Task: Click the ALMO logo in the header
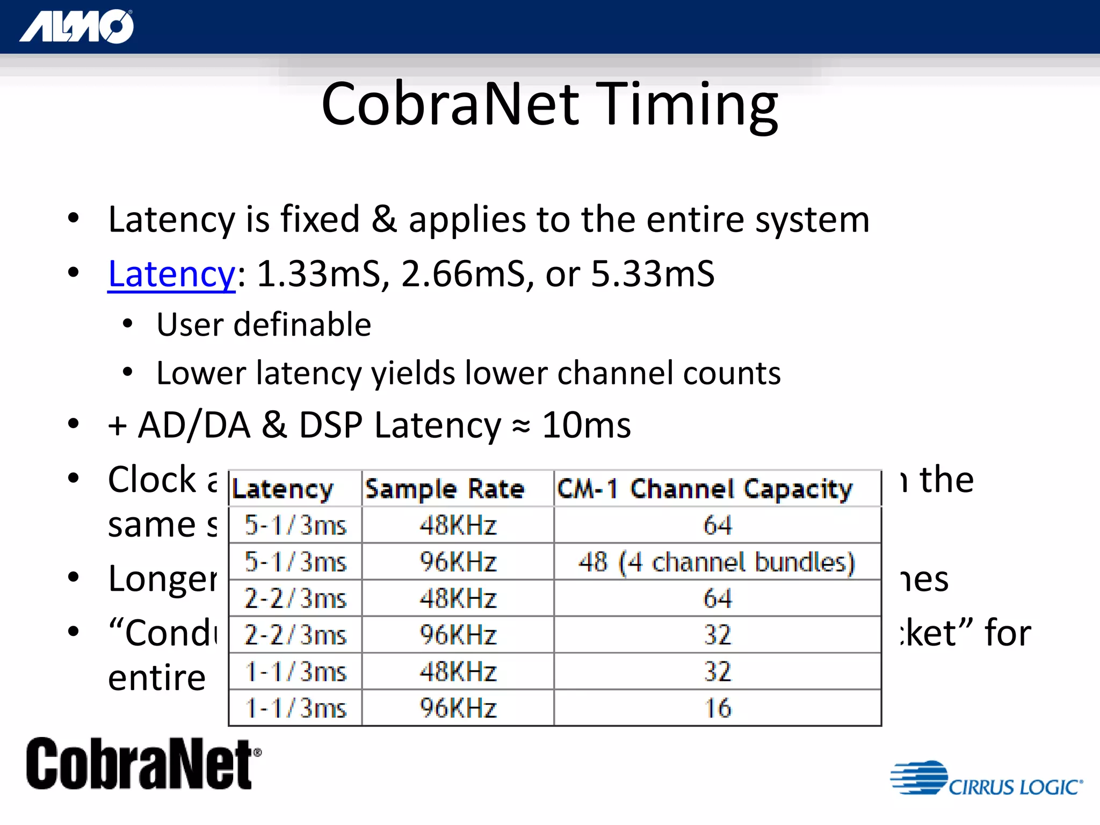click(76, 27)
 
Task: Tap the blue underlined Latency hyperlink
click(171, 274)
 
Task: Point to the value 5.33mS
click(652, 274)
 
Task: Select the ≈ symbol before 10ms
click(520, 426)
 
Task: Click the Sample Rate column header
click(445, 489)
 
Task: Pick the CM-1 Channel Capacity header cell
click(705, 489)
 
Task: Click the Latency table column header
click(283, 489)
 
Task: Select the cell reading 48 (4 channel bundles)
click(717, 562)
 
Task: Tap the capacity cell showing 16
click(718, 708)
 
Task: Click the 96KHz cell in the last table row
click(458, 708)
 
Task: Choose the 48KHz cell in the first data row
click(458, 525)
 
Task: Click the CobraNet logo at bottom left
click(142, 764)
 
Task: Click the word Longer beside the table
click(162, 579)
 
